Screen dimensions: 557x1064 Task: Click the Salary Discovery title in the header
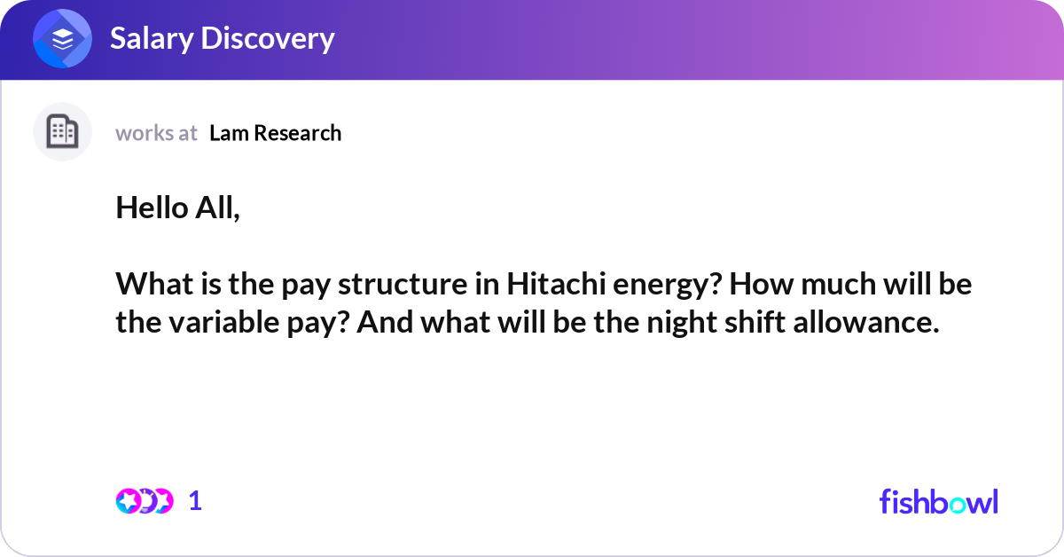222,39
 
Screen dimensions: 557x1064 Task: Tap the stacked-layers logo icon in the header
63,39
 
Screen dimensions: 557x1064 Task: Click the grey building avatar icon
62,132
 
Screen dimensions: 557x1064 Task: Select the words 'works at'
156,133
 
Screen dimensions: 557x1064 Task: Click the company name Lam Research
275,133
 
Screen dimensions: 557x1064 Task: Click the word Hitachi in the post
548,286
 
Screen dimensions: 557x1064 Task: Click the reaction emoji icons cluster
145,501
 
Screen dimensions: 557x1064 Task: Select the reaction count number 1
195,501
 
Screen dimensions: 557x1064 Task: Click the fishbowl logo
938,501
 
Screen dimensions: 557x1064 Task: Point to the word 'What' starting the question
145,286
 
